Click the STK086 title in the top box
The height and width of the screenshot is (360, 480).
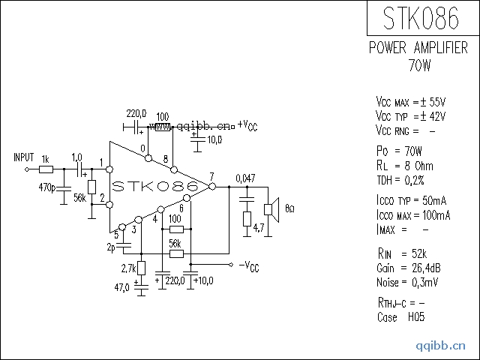[421, 18]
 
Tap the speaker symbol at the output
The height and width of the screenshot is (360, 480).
[271, 210]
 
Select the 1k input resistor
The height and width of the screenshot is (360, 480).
[46, 169]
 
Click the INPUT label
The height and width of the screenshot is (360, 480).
[23, 157]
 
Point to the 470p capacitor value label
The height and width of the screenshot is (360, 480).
[46, 187]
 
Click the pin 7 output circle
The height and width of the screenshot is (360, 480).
[211, 186]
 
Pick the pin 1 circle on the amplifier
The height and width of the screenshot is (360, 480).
[109, 169]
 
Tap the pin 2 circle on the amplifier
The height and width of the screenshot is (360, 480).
[109, 205]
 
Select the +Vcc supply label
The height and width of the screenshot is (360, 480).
[247, 125]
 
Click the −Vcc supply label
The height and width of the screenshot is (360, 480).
[249, 266]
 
